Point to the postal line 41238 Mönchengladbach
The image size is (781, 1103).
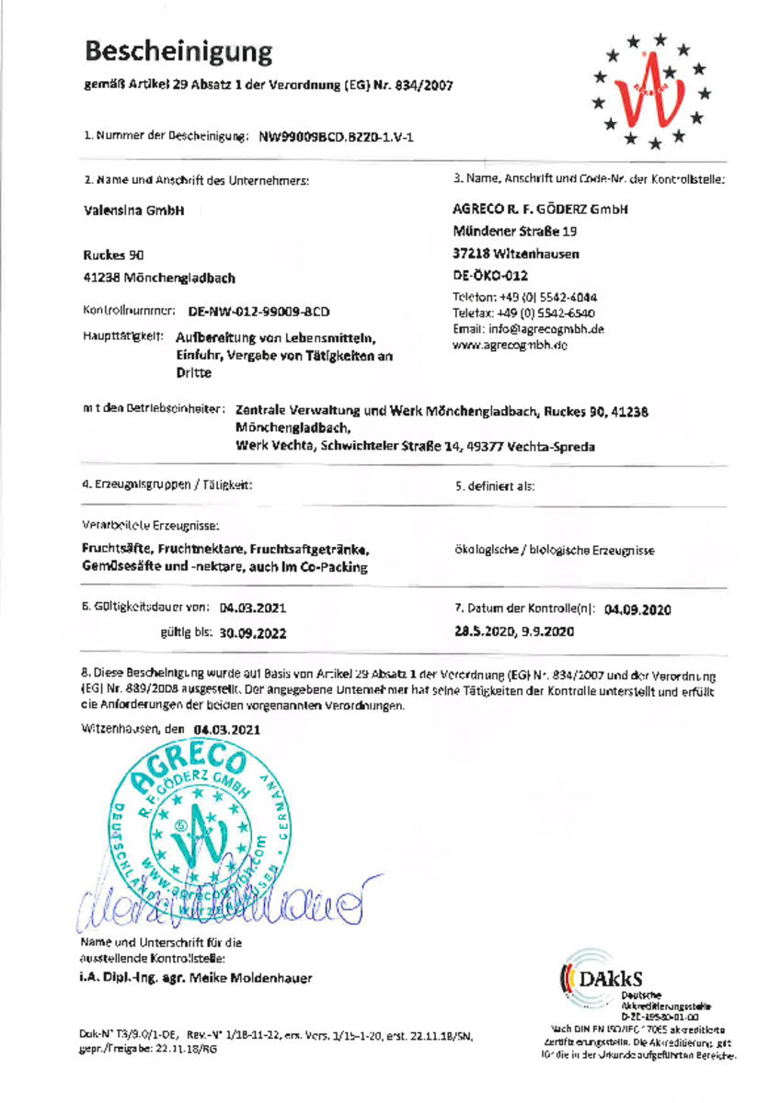click(x=158, y=277)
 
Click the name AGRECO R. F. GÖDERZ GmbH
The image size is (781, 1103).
click(x=541, y=210)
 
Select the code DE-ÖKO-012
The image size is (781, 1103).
click(x=490, y=275)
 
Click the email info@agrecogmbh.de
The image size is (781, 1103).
click(x=528, y=329)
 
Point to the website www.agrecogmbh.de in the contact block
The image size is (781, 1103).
click(x=511, y=345)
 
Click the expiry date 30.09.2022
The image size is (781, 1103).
click(x=254, y=633)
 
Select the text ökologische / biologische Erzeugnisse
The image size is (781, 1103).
click(x=555, y=550)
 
